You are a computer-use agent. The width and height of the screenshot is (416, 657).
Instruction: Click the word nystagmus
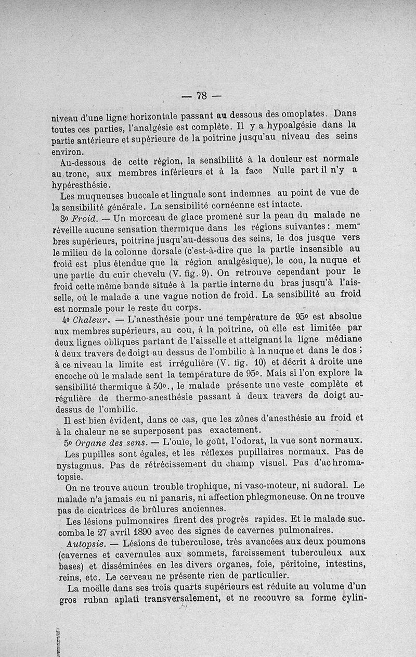pyautogui.click(x=75, y=463)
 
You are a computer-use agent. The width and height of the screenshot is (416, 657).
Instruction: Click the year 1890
pyautogui.click(x=151, y=532)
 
